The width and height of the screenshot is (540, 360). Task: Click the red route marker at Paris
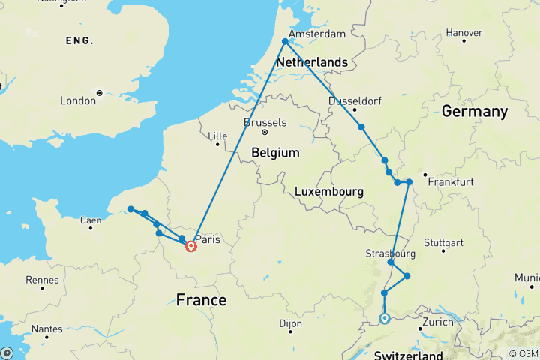190,246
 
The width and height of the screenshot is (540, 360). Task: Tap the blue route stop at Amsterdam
284,42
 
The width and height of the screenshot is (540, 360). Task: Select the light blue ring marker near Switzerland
384,319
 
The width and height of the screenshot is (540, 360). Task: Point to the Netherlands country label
312,63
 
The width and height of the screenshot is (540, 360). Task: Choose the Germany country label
474,112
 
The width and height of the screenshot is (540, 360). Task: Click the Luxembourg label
329,192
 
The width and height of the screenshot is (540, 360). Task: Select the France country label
200,300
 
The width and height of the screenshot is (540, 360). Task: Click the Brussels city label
265,122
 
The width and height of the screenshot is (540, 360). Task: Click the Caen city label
90,220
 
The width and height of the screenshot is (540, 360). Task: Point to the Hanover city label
463,33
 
